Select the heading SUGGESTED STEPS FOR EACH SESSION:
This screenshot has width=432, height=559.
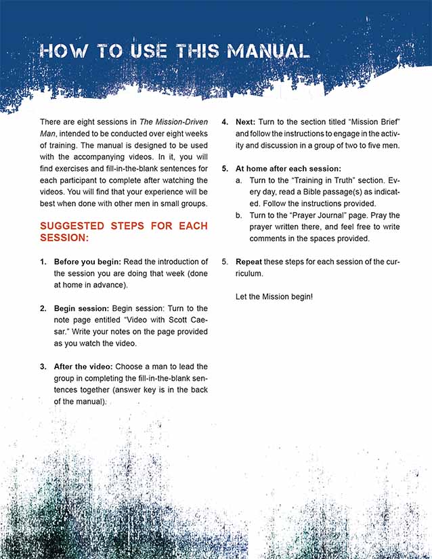(x=124, y=232)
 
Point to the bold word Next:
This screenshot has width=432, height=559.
(x=245, y=122)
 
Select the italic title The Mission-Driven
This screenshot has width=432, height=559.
(x=172, y=122)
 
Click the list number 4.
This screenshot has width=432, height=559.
(x=225, y=122)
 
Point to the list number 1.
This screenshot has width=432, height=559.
(x=43, y=262)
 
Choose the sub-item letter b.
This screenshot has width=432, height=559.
(x=238, y=215)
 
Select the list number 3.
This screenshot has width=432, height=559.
(x=43, y=367)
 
